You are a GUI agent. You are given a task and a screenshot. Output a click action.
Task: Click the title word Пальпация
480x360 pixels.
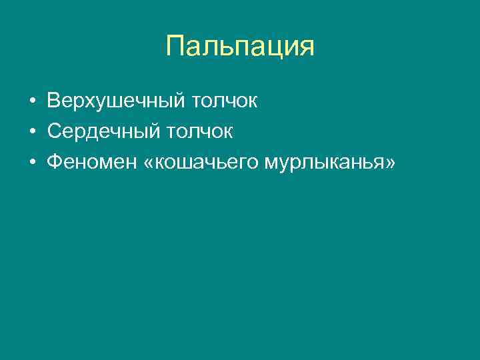click(239, 47)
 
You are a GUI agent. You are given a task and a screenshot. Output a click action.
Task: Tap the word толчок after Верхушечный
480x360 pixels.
click(224, 103)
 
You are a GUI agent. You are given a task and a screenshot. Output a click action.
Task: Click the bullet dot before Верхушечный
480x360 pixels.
click(33, 103)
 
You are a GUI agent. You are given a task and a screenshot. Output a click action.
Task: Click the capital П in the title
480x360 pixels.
click(175, 47)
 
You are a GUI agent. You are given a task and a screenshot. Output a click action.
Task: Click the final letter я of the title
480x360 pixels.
click(306, 48)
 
